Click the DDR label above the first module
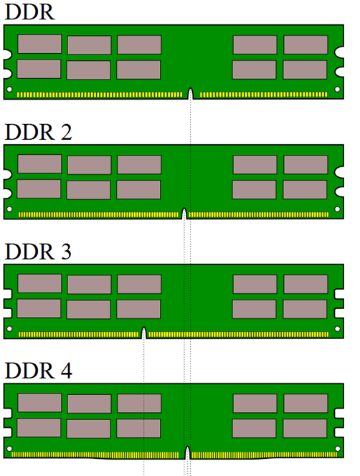click(30, 12)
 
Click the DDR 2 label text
click(39, 132)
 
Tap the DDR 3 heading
click(38, 252)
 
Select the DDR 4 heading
click(39, 371)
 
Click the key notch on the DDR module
click(191, 93)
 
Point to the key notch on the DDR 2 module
click(184, 214)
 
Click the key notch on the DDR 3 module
click(143, 333)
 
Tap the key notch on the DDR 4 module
click(187, 452)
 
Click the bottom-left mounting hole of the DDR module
click(9, 89)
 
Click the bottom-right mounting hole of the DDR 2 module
click(337, 209)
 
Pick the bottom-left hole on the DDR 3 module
click(9, 329)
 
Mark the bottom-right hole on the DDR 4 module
click(338, 449)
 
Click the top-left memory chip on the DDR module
click(39, 44)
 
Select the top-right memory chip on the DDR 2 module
click(305, 165)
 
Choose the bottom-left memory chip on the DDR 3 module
click(39, 308)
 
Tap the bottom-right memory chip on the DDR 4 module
click(305, 429)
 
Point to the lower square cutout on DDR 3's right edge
click(339, 313)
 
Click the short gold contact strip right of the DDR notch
click(264, 95)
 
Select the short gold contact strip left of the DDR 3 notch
click(79, 334)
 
